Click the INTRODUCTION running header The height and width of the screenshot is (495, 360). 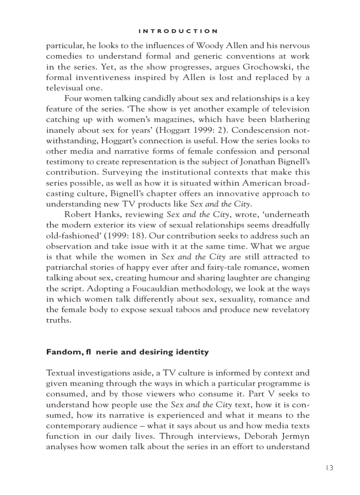(178, 31)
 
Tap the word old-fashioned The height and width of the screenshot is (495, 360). (72, 236)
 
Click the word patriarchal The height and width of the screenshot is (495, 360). (67, 268)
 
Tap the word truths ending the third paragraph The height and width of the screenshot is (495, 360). (58, 320)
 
